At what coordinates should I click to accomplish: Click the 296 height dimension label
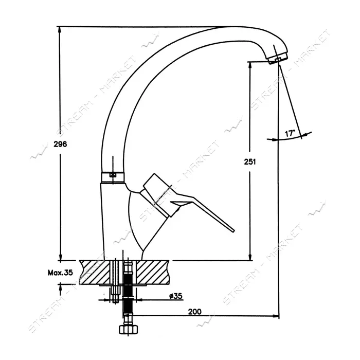[x=60, y=144]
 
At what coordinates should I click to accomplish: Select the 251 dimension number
[x=250, y=162]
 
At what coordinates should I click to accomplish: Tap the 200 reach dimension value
[x=195, y=312]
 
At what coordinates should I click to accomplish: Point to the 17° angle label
[x=290, y=133]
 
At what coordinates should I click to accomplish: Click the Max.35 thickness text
[x=60, y=273]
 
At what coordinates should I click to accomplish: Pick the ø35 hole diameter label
[x=176, y=296]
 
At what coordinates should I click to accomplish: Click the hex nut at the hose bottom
[x=129, y=330]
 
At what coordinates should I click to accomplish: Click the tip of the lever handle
[x=233, y=231]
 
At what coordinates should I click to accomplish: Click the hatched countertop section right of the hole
[x=153, y=272]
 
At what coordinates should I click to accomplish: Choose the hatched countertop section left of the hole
[x=95, y=272]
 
